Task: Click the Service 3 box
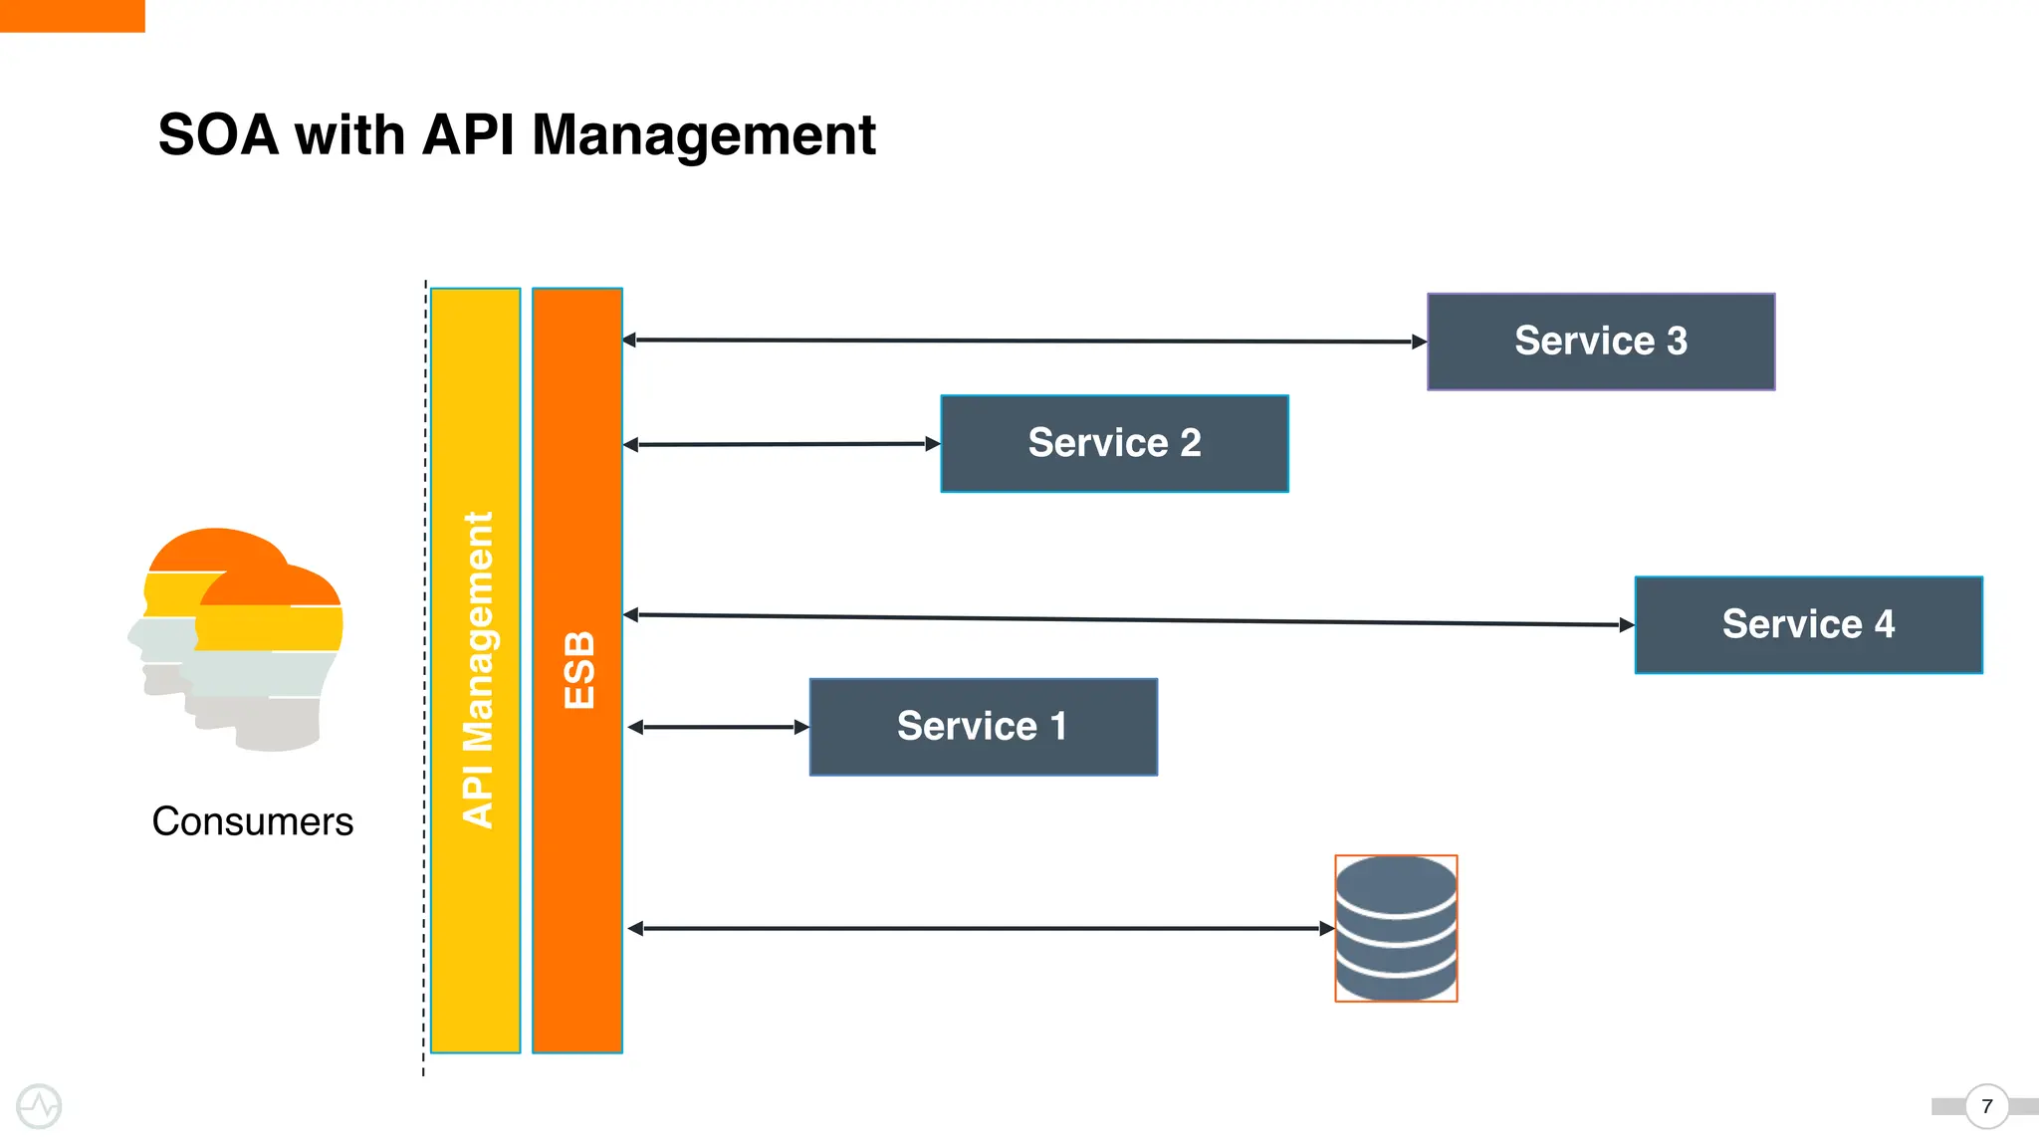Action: pos(1601,342)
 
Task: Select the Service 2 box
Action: pos(1114,444)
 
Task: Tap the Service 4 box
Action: pos(1808,625)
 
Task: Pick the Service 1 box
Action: pos(983,727)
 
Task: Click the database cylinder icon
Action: pos(1396,928)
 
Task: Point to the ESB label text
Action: pos(578,670)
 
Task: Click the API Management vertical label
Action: pos(478,670)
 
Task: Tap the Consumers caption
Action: pos(252,821)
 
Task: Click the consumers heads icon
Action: pos(237,637)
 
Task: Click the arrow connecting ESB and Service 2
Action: pos(782,444)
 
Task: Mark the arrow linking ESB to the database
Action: pos(981,928)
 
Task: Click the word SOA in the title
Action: pos(218,135)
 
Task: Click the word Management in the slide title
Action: pos(703,135)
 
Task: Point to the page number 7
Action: pos(1986,1106)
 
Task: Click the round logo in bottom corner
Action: pos(39,1106)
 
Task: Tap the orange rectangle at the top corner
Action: pos(72,15)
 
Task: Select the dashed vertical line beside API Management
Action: pos(425,677)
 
